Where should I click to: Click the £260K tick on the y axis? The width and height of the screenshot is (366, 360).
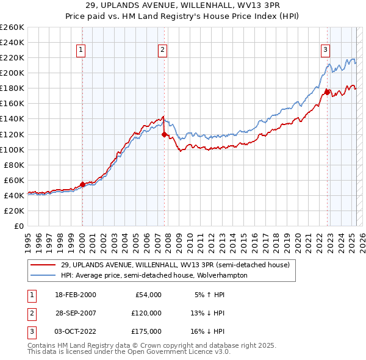click(13, 27)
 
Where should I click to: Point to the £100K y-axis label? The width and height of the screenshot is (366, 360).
click(13, 149)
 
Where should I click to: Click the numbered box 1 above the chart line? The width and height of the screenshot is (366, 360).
click(81, 51)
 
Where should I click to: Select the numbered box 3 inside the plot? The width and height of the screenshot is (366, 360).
click(325, 51)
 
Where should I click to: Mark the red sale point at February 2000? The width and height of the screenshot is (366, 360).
click(82, 184)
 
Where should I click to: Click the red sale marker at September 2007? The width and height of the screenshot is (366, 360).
click(165, 134)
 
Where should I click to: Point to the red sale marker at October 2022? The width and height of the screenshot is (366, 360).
click(327, 92)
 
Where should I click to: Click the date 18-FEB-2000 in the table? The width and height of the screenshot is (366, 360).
click(76, 295)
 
